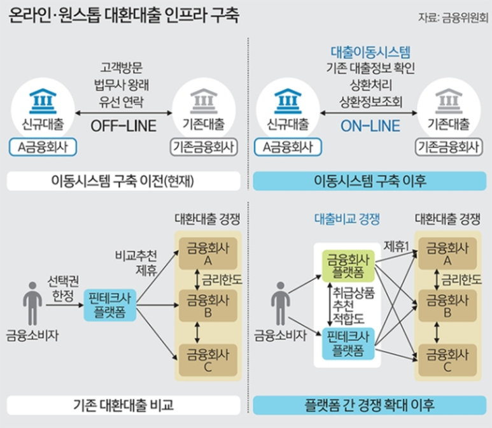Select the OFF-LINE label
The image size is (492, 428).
[x=123, y=125]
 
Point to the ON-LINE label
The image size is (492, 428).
[x=369, y=125]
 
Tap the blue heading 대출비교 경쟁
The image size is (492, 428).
[x=347, y=219]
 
